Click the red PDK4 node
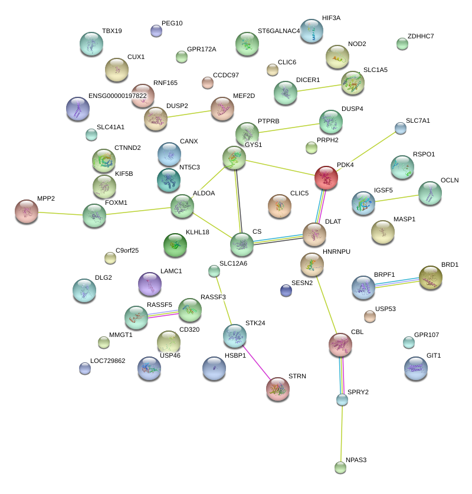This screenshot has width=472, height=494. tap(326, 178)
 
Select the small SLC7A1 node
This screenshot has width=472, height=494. tap(401, 127)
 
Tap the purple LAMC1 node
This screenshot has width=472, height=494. tap(149, 284)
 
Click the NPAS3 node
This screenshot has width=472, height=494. tap(340, 467)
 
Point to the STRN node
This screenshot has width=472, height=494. tap(278, 389)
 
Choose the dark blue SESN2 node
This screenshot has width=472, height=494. tap(286, 290)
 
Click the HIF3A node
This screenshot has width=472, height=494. tap(312, 31)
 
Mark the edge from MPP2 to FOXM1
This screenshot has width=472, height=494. tap(60, 212)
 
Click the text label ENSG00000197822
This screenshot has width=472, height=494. tap(117, 96)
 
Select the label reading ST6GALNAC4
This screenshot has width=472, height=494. tap(278, 31)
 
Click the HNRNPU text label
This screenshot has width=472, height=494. tap(336, 251)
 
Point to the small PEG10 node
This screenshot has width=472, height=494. tap(156, 31)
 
